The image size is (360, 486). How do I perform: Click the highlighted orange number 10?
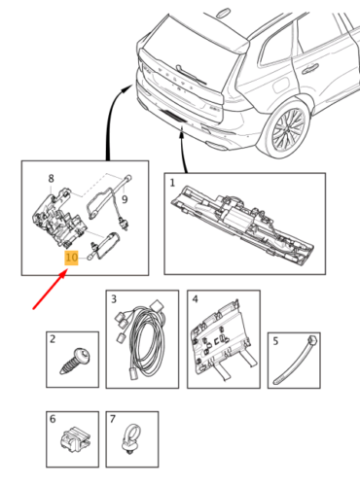(70, 259)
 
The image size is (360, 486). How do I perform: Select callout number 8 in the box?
(52, 178)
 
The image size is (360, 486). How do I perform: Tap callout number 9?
(137, 199)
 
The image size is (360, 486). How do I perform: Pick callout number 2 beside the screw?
(54, 338)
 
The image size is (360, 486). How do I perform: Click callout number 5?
(276, 340)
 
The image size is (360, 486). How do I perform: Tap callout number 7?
(113, 419)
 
